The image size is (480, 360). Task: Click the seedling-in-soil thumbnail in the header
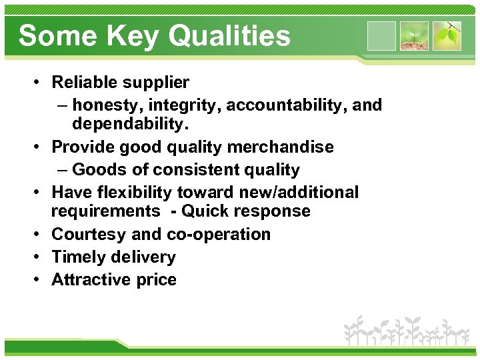point(414,36)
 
